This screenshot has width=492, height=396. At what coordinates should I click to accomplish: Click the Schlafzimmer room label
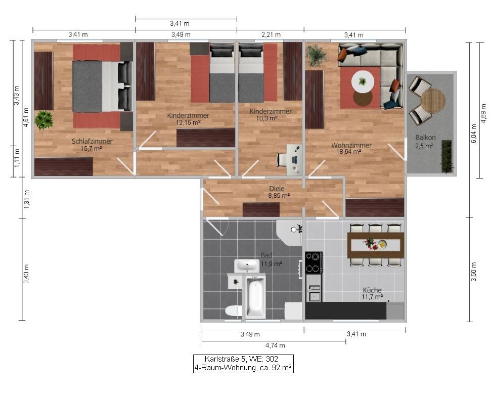tap(92, 141)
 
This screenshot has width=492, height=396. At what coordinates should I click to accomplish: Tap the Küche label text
tap(372, 290)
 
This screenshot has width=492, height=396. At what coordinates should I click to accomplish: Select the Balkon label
tap(424, 138)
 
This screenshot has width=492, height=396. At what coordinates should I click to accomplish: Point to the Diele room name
tap(277, 188)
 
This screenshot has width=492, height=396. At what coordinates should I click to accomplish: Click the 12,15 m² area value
tap(188, 122)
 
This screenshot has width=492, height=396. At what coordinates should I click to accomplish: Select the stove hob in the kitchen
tap(314, 262)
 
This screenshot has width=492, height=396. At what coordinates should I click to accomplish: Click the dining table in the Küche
tap(376, 245)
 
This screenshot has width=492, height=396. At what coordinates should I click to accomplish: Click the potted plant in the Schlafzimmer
tap(44, 120)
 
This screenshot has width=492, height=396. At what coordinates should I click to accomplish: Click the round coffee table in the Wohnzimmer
tap(363, 81)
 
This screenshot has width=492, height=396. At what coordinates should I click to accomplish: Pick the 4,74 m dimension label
tap(274, 345)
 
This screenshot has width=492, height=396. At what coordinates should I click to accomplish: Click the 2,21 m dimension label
tap(270, 35)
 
